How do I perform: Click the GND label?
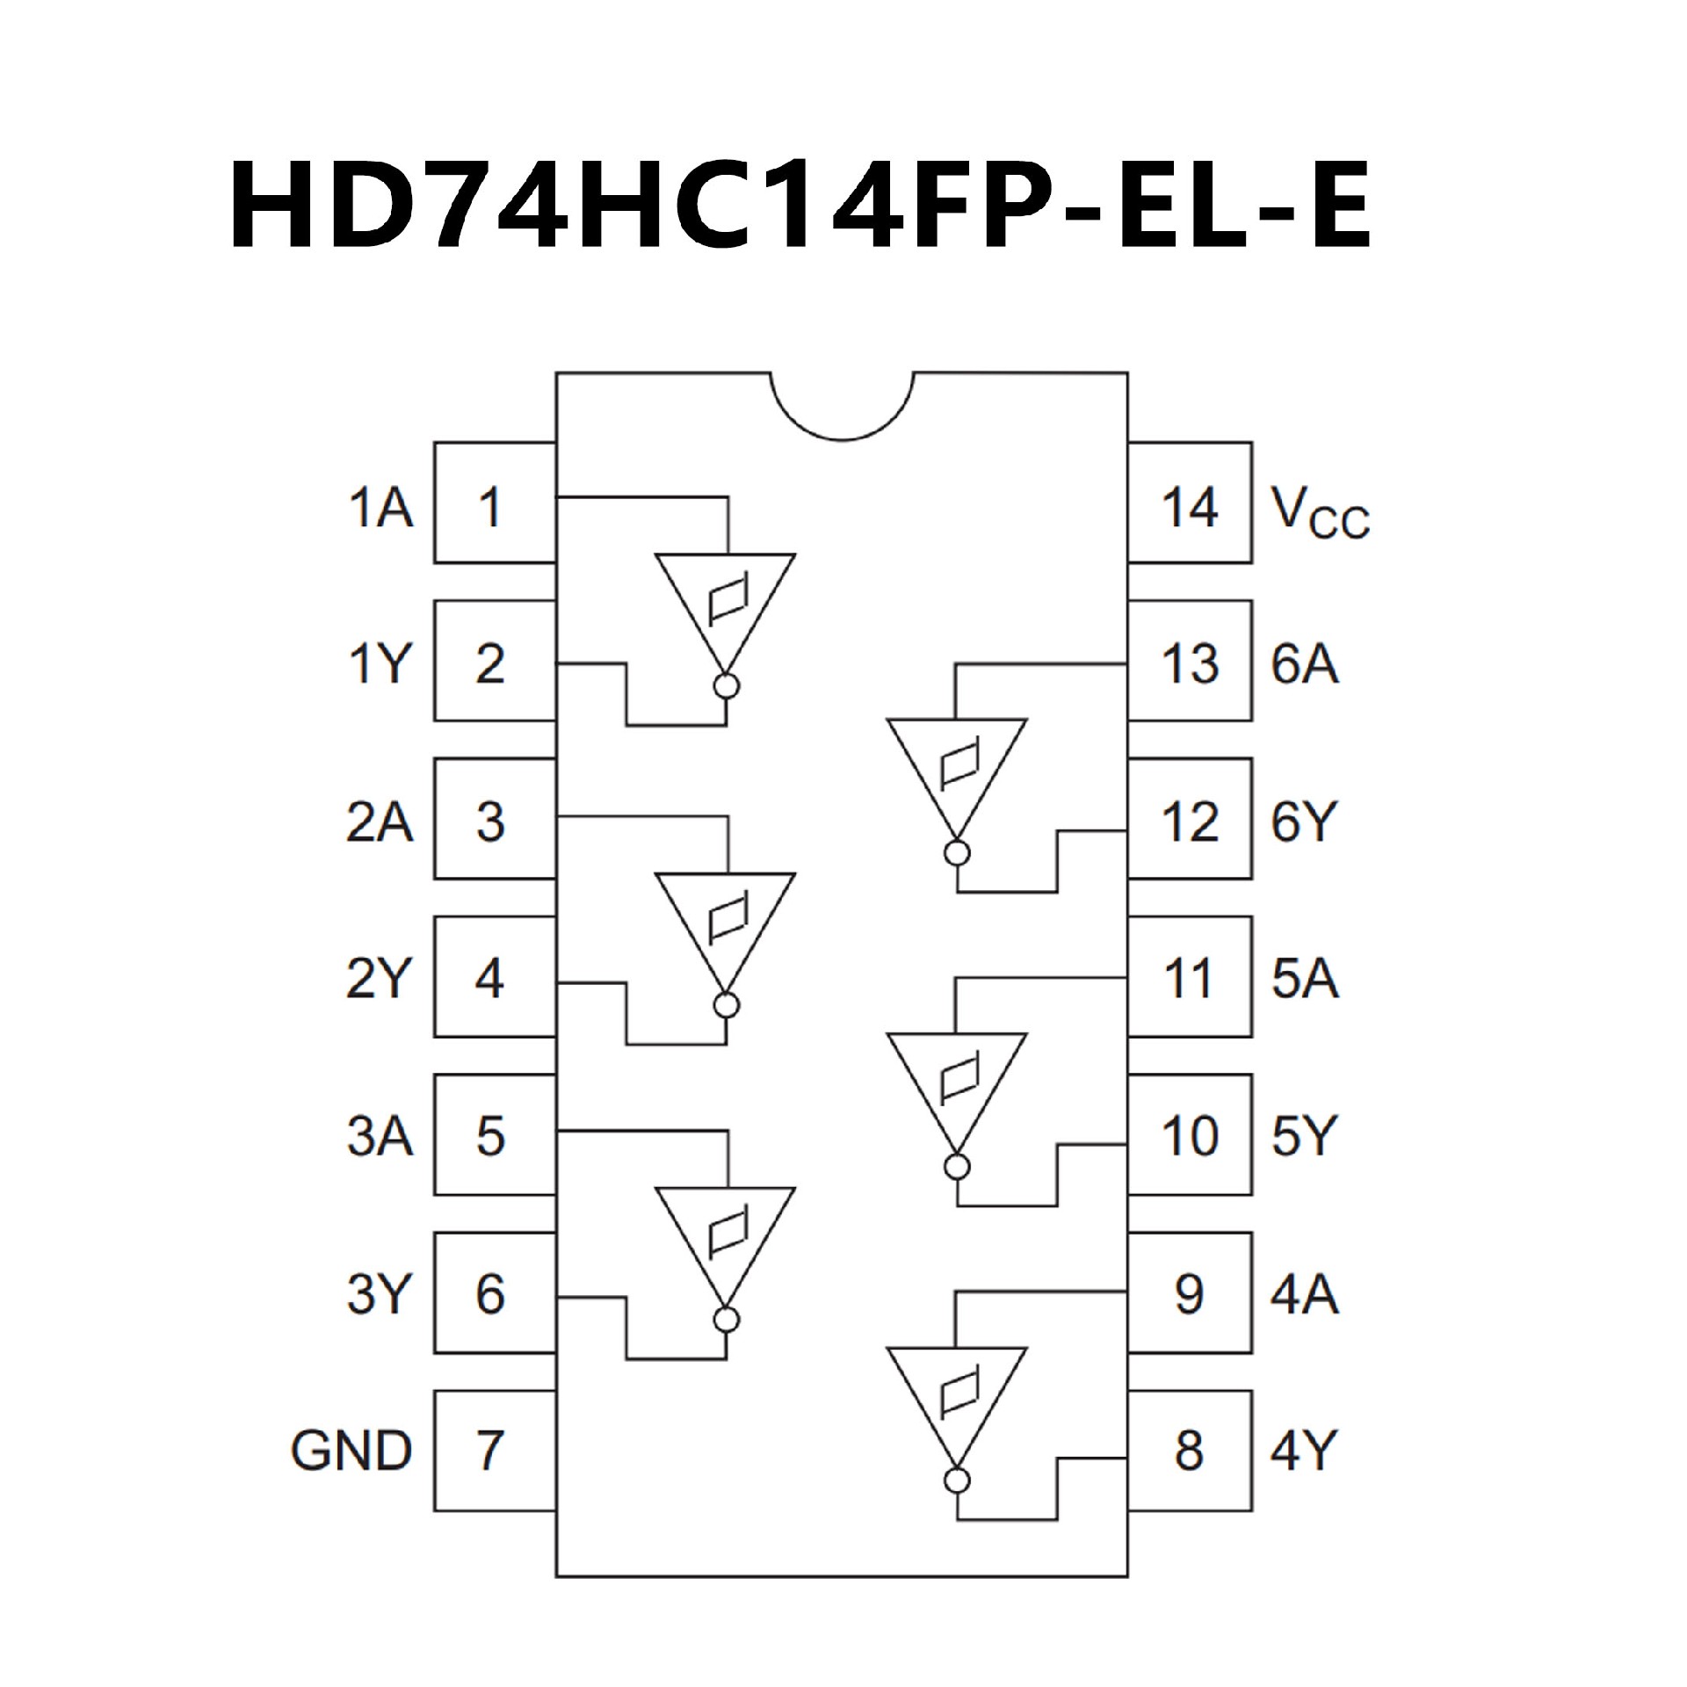coord(351,1451)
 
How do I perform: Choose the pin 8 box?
coord(1190,1451)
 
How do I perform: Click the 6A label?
coord(1305,663)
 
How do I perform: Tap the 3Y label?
coord(379,1294)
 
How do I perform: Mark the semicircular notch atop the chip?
coord(843,406)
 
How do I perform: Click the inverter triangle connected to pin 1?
coord(726,606)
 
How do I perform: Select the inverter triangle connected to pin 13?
coord(957,773)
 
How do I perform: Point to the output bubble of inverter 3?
coord(727,1320)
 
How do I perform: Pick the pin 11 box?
coord(1190,978)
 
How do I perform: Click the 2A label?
coord(379,822)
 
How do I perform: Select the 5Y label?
coord(1304,1136)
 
